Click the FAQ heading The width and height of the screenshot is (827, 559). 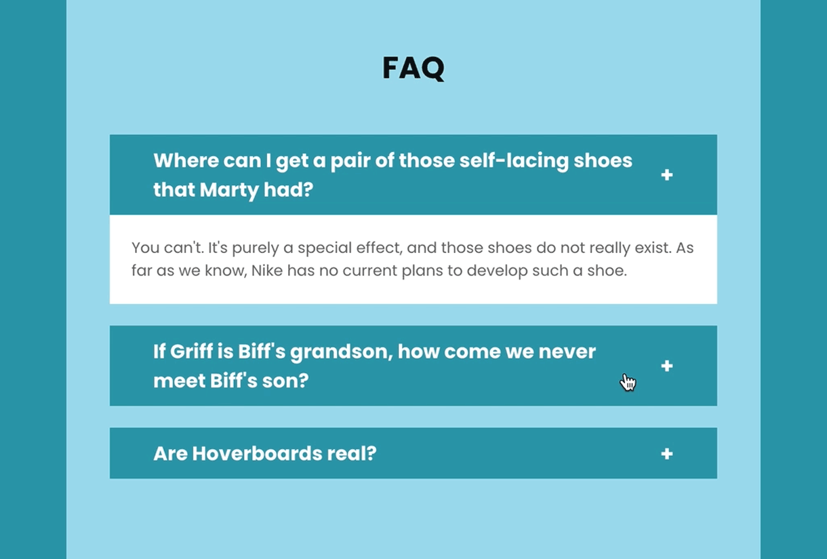coord(413,68)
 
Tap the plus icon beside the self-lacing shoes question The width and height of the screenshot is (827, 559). coord(667,175)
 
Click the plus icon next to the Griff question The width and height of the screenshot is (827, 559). coord(667,366)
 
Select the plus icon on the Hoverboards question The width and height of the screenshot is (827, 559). coord(667,454)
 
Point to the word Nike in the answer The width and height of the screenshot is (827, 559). coord(267,271)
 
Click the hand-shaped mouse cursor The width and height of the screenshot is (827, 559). coord(628,383)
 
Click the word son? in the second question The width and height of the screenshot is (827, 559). coord(285,381)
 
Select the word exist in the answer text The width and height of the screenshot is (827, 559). coord(651,248)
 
